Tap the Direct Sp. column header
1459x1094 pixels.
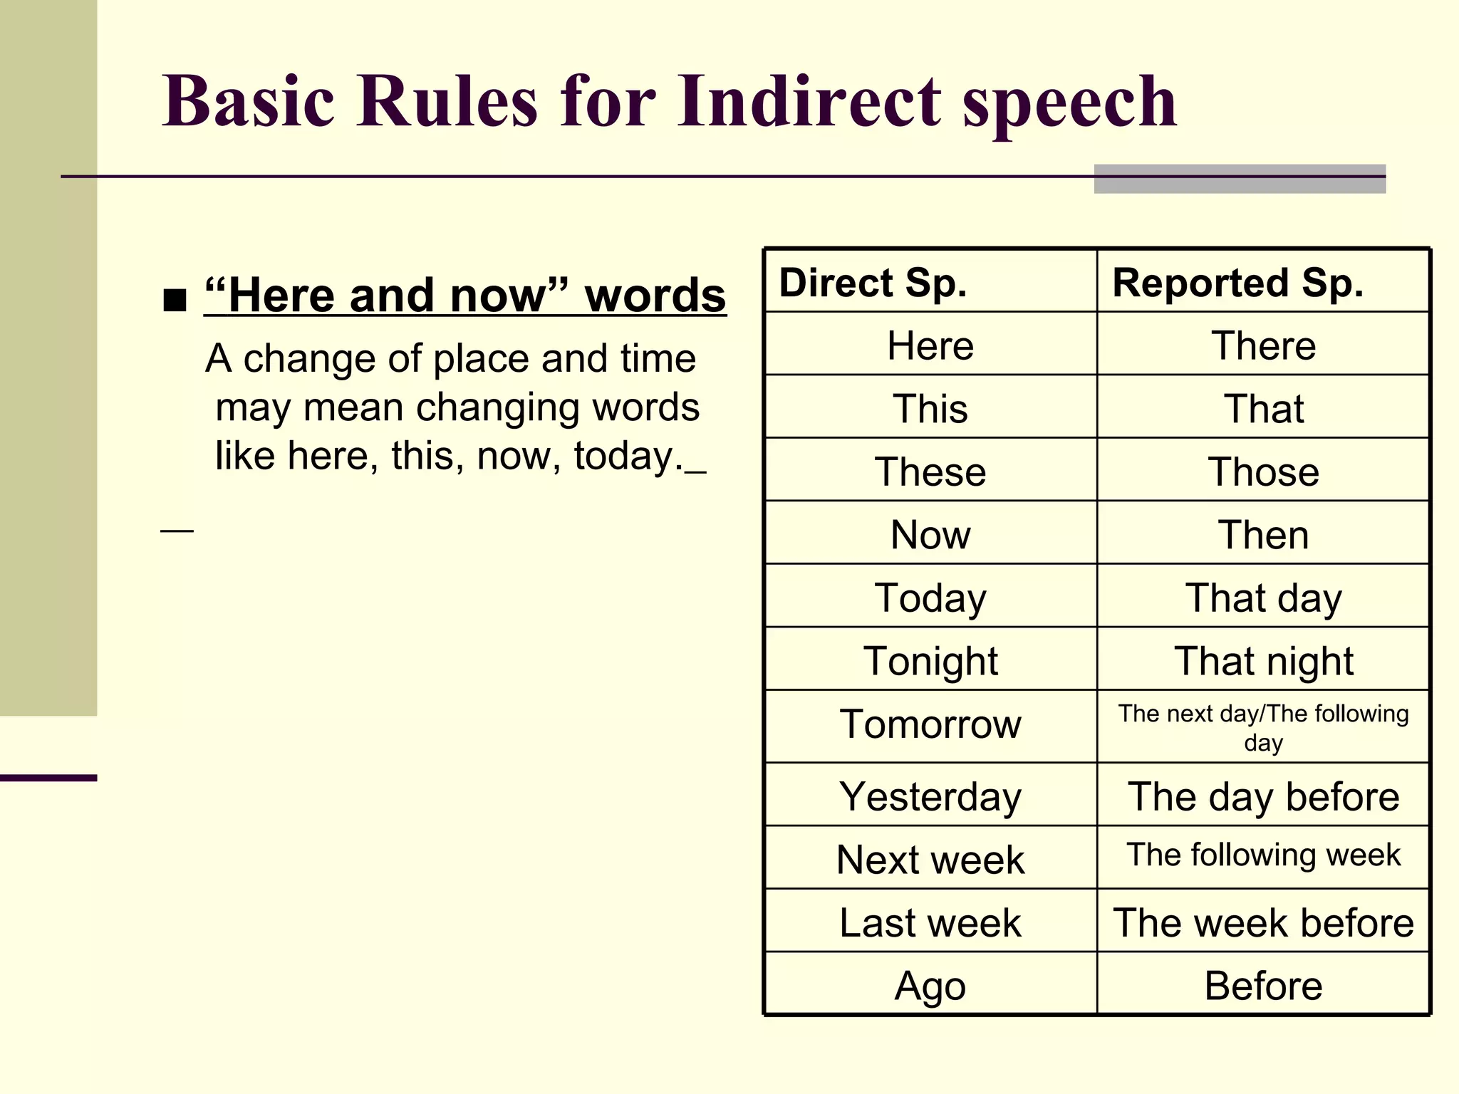[x=873, y=283]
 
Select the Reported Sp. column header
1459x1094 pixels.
[x=1237, y=283]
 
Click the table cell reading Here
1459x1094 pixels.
[x=930, y=346]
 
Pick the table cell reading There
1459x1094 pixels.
[x=1263, y=346]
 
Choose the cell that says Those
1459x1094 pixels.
[x=1263, y=472]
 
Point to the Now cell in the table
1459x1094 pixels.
[x=930, y=534]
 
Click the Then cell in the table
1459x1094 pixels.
[x=1263, y=534]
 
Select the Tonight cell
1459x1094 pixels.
[x=930, y=661]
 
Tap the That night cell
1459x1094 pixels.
[x=1263, y=661]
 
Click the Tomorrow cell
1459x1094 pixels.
[x=930, y=724]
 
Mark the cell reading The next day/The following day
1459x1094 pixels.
[x=1263, y=727]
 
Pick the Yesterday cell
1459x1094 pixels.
[x=930, y=796]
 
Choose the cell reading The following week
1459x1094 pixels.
[x=1263, y=855]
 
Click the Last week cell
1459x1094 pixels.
[x=930, y=922]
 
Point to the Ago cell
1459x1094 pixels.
[x=930, y=986]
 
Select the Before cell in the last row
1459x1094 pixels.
[x=1263, y=986]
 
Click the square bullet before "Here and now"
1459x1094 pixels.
[x=175, y=300]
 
